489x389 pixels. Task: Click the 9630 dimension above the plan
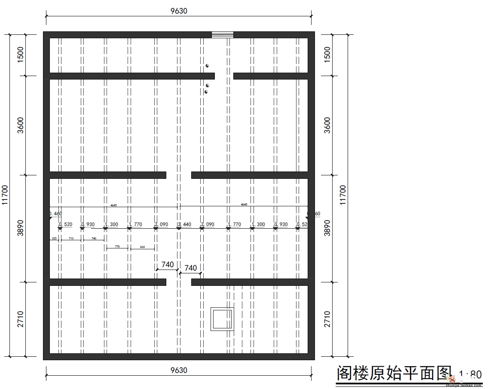click(x=179, y=11)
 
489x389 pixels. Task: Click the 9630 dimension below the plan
click(x=179, y=370)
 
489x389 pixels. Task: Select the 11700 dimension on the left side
click(x=5, y=195)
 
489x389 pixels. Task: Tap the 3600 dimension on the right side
click(x=327, y=125)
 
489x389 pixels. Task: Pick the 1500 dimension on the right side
click(x=327, y=54)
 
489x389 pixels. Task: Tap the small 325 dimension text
click(x=54, y=238)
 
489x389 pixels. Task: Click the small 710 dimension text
click(x=71, y=238)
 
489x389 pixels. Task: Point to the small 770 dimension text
click(x=117, y=247)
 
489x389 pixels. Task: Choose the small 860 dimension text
click(x=142, y=247)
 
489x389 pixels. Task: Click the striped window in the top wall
click(x=223, y=35)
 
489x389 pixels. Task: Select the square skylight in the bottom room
click(x=222, y=319)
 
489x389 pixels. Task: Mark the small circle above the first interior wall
click(x=207, y=66)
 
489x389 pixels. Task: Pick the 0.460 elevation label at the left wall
click(x=55, y=214)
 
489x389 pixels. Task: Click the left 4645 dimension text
click(x=113, y=205)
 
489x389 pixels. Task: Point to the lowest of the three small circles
click(x=206, y=92)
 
